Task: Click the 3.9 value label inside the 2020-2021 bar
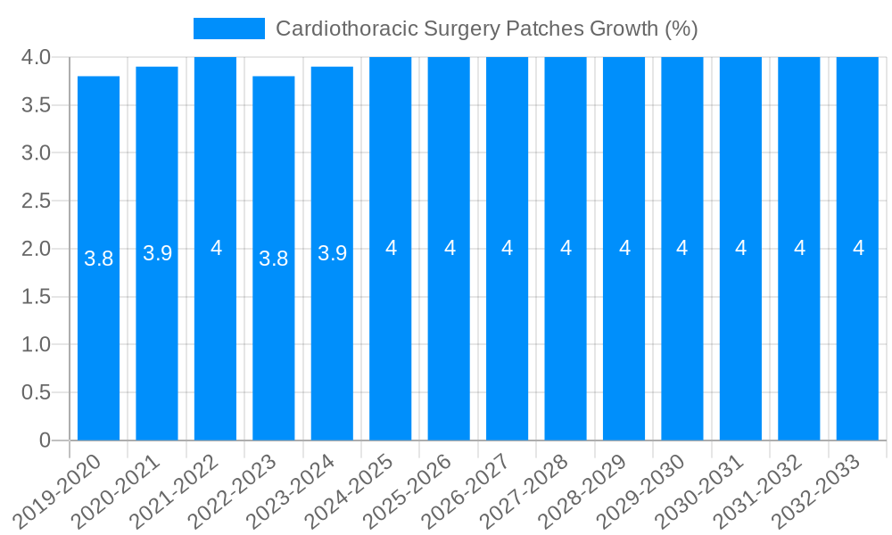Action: coord(157,253)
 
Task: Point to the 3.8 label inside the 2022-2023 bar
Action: coord(274,259)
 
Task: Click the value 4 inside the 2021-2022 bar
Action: coord(216,248)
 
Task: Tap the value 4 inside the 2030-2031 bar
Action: coord(740,248)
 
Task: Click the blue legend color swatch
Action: coord(229,29)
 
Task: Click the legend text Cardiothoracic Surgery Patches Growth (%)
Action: coord(486,29)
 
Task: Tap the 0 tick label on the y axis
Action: coord(45,440)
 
